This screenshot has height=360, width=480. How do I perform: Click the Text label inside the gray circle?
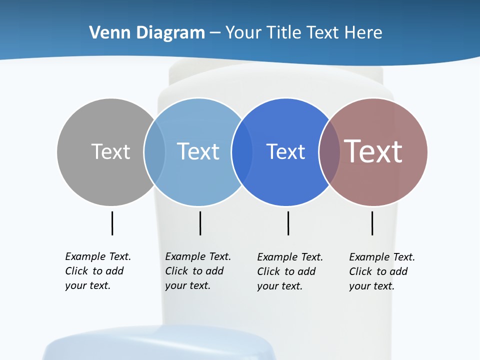[110, 151]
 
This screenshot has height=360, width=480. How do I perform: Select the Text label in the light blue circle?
[198, 151]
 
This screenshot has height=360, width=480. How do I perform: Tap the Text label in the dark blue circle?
[285, 151]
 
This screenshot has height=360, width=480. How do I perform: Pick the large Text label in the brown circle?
[373, 151]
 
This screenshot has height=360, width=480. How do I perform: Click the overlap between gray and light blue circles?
[154, 151]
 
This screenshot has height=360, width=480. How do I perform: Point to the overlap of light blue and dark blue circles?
[242, 151]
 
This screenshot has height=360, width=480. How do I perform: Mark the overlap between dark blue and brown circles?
[329, 151]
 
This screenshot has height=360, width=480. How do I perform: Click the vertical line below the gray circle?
[112, 223]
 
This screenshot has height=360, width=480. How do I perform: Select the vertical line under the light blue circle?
[200, 223]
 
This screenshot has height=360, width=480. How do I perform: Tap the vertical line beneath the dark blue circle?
[288, 223]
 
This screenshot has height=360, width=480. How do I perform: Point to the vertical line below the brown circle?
[372, 223]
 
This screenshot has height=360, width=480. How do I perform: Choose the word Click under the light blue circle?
[176, 271]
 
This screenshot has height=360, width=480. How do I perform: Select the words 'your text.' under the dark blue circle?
[279, 286]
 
